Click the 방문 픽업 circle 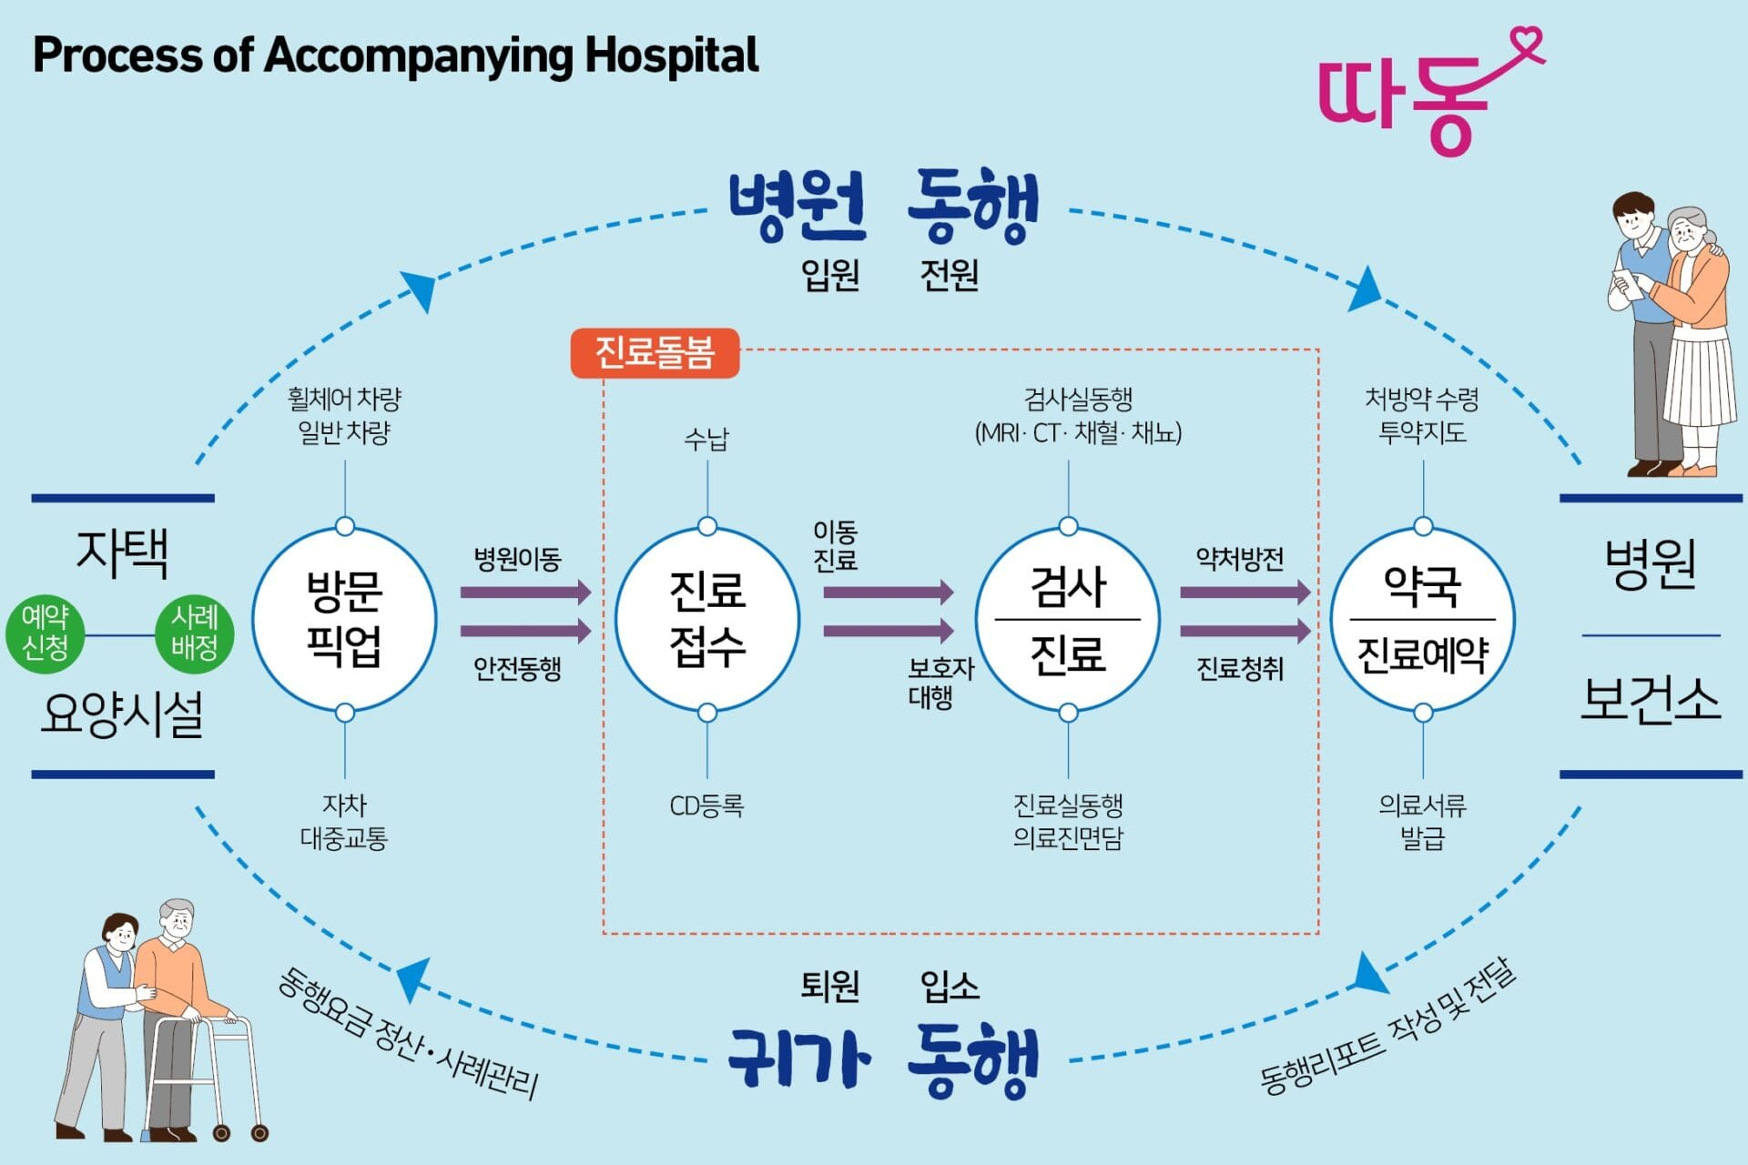click(x=344, y=620)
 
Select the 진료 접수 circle click(x=707, y=620)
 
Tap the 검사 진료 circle click(x=1068, y=620)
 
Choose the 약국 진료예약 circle click(x=1422, y=620)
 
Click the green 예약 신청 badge click(x=46, y=633)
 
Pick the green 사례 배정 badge click(x=194, y=633)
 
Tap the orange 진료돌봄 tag click(x=655, y=353)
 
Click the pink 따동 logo click(x=1420, y=96)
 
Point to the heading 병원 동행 click(x=883, y=207)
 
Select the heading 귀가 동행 click(x=883, y=1061)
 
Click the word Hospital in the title click(x=672, y=56)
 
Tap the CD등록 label click(x=706, y=805)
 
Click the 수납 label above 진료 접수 click(x=706, y=440)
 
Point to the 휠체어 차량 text click(x=344, y=399)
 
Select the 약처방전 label click(x=1239, y=558)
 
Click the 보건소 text click(x=1650, y=701)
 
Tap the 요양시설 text click(x=122, y=714)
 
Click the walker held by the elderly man click(x=206, y=1074)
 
